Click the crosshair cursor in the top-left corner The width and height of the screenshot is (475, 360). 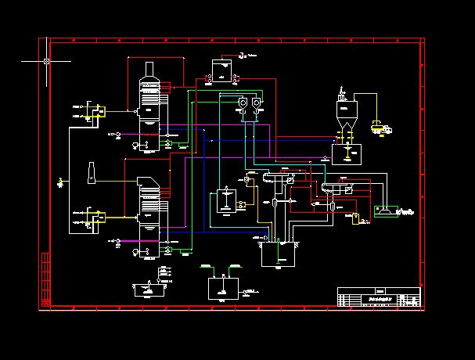pos(47,60)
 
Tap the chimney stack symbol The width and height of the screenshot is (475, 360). pos(92,172)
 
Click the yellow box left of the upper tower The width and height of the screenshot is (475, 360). pos(97,112)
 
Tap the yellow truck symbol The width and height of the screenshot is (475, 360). pos(382,126)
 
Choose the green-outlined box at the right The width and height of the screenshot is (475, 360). pos(385,211)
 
